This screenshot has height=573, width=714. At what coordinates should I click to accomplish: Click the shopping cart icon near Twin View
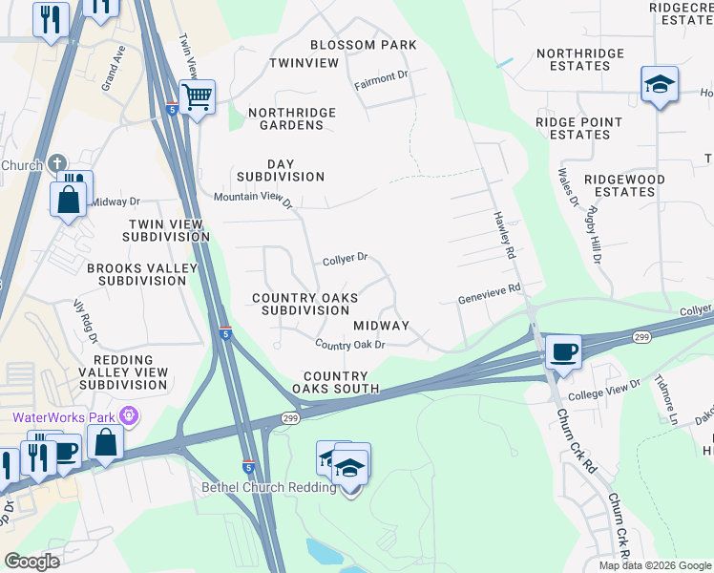coord(197,95)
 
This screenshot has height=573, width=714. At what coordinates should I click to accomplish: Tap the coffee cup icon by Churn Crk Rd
coord(563,351)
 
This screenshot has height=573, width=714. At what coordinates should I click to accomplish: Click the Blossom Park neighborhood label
coord(364,45)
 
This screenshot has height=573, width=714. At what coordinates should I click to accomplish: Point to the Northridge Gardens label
coord(292,118)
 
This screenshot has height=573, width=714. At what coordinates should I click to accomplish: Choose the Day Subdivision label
coord(281,170)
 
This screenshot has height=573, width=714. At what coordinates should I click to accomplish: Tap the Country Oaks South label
coord(336,382)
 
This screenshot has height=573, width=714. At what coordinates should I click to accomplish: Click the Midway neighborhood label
coord(381,326)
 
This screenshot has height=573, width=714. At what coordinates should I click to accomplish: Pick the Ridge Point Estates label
coord(578,128)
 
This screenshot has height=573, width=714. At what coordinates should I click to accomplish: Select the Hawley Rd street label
coord(504,235)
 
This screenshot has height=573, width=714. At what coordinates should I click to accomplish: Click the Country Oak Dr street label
coord(349,345)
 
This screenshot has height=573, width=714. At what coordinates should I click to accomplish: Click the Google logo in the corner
coord(31,561)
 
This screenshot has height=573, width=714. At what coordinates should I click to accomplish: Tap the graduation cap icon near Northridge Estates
coord(659,85)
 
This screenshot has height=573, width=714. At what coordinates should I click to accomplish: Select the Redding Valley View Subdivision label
coord(124,371)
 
